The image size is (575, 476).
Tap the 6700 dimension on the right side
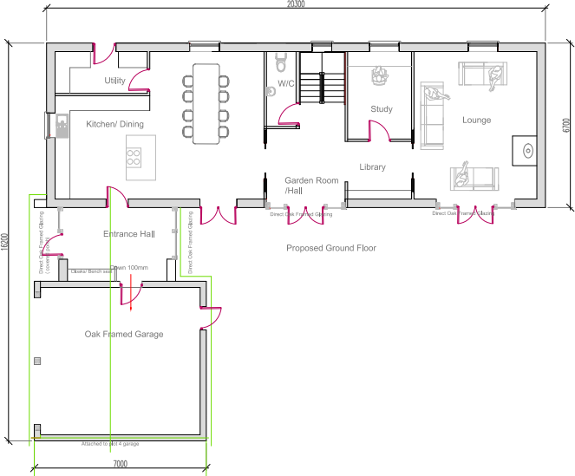(x=565, y=125)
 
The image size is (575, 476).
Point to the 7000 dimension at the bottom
(x=120, y=465)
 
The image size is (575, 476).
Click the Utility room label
(x=115, y=81)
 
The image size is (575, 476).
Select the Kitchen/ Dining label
(x=114, y=124)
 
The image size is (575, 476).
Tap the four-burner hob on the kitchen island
(x=134, y=157)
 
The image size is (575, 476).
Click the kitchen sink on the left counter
(x=62, y=127)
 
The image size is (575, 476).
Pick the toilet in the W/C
(x=280, y=62)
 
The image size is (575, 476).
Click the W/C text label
(x=286, y=84)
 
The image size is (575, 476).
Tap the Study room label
(x=382, y=109)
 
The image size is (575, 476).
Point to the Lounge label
(x=476, y=120)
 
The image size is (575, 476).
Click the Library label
(x=373, y=166)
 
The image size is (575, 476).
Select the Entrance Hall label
(x=128, y=234)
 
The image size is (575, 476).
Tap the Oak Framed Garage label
(x=124, y=334)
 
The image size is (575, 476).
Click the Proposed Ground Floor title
(x=331, y=248)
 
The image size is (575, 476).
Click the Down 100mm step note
(x=129, y=269)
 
